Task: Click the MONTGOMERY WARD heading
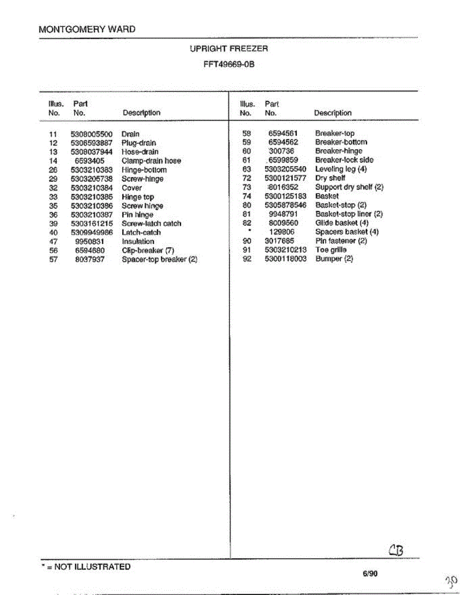coord(87,29)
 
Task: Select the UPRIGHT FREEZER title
coord(228,49)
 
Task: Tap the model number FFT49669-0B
coord(229,64)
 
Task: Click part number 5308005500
coord(92,134)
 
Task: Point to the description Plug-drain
coord(138,143)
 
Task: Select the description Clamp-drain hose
coord(151,161)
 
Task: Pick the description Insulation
coord(138,241)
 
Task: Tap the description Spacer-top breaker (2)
coord(159,259)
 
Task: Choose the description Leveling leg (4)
coord(341,169)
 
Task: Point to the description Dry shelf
coord(330,178)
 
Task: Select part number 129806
coord(281,232)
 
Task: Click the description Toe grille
coord(331,250)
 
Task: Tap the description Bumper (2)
coord(334,259)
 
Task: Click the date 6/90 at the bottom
coord(370,574)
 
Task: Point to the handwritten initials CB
coord(396,550)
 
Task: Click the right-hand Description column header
coord(332,113)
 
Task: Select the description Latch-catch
coord(141,233)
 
